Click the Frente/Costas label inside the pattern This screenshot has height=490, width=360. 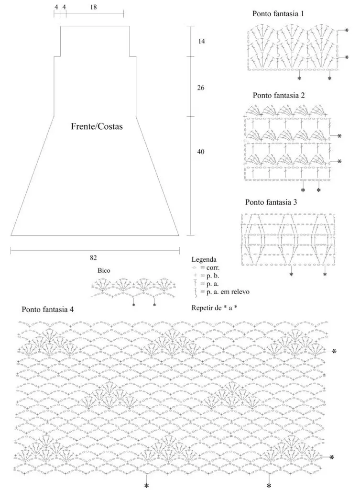(x=97, y=126)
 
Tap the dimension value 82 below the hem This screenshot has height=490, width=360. (x=93, y=258)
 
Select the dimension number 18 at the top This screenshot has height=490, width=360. (x=93, y=7)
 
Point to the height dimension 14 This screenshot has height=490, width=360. (x=201, y=41)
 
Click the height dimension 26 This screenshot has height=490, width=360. (x=201, y=88)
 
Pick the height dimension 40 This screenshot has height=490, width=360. (x=201, y=152)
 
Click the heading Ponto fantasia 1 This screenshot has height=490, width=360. (x=278, y=14)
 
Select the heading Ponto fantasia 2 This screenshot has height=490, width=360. (x=279, y=95)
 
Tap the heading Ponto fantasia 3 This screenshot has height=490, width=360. (x=271, y=202)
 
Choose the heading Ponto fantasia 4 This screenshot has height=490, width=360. (x=48, y=310)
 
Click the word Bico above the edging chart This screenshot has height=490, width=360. (x=104, y=271)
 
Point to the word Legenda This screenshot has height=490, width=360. (x=204, y=259)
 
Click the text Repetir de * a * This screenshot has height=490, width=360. (x=214, y=308)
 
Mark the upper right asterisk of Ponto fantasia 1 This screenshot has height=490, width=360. (x=347, y=31)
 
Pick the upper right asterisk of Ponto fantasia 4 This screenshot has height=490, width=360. (x=334, y=352)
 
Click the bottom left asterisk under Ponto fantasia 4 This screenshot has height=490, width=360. (x=146, y=486)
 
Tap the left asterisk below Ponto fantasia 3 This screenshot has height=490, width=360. (x=291, y=274)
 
